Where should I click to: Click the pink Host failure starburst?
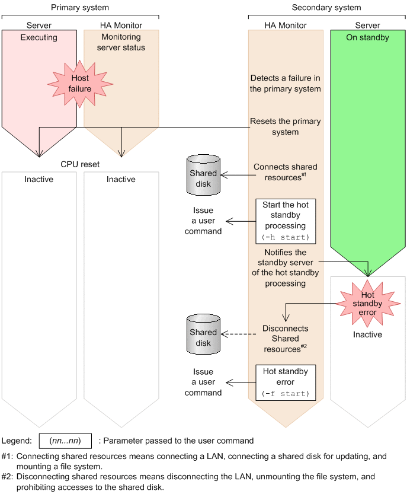80,84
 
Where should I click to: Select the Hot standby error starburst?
367,304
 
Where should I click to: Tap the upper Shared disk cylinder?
203,175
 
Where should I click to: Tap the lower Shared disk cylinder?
203,334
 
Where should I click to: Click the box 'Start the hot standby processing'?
286,221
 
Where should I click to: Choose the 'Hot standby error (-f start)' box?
286,383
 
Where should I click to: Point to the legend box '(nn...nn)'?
65,441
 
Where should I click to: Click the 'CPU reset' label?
80,164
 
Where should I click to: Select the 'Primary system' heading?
80,8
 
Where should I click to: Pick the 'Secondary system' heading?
326,8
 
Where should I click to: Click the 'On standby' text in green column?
368,37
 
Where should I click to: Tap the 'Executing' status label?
39,37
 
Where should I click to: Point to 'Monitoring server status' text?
121,42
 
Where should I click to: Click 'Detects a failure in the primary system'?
285,84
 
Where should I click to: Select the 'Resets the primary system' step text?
285,127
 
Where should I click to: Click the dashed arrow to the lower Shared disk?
239,334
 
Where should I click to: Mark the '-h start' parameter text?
286,237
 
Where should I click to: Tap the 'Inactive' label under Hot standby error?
367,334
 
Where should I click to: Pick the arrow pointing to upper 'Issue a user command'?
241,221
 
